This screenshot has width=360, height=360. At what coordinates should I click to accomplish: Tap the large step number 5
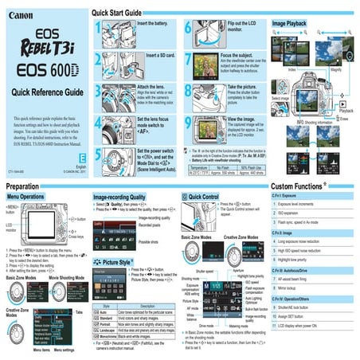tap(98, 158)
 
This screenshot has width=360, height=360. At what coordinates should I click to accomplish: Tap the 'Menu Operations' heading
tap(25, 195)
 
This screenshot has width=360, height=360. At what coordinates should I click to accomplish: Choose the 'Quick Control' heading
tap(205, 195)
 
